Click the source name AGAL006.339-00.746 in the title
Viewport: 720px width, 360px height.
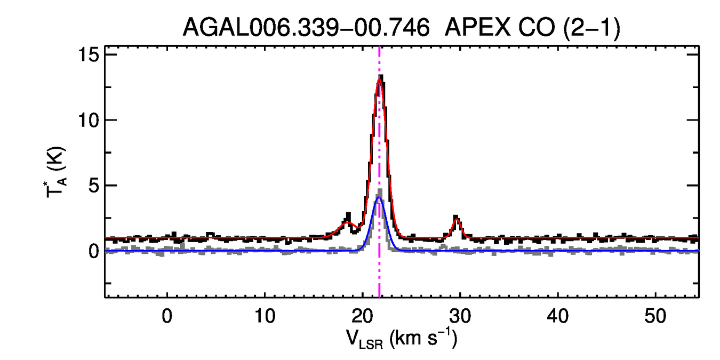(306, 27)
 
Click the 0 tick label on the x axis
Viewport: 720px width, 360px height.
(167, 316)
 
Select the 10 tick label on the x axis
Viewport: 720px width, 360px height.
(265, 316)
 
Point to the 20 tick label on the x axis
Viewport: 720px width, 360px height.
(363, 316)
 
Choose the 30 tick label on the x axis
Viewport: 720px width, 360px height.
(460, 316)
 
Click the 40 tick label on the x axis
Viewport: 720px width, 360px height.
(558, 316)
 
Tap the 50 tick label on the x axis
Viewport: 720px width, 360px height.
(655, 316)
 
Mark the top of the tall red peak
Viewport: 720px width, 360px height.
(380, 81)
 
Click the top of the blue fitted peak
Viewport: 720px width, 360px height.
(379, 197)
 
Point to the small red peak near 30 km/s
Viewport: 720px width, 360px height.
(457, 219)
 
